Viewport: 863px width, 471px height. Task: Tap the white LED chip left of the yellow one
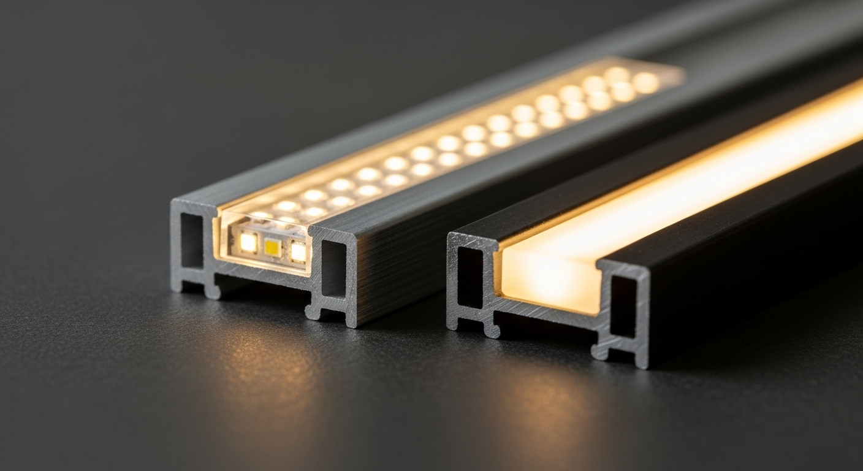(x=248, y=242)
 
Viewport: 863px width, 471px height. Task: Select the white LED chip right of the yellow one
(x=298, y=251)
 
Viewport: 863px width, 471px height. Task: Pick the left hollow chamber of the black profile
(x=470, y=276)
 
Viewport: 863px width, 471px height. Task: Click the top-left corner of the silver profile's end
(x=175, y=203)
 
